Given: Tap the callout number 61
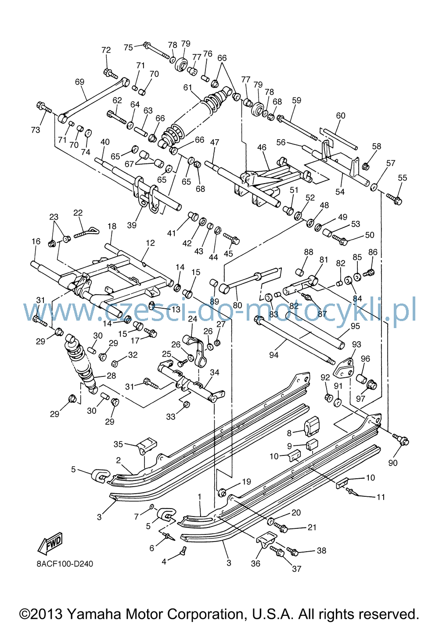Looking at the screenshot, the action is tap(188, 87).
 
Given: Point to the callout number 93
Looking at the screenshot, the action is tap(356, 344).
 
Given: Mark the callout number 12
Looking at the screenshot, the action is tap(150, 243).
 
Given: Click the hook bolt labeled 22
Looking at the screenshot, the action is tap(86, 232).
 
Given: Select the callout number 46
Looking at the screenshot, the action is tap(262, 147).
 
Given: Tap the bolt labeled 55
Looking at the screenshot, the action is tap(394, 199).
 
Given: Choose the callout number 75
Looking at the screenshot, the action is tap(128, 47).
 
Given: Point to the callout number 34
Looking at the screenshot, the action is tap(215, 372).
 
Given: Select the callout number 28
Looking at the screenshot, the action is tap(111, 376).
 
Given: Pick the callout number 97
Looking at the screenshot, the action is tap(360, 398).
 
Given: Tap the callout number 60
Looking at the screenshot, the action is tap(341, 116).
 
